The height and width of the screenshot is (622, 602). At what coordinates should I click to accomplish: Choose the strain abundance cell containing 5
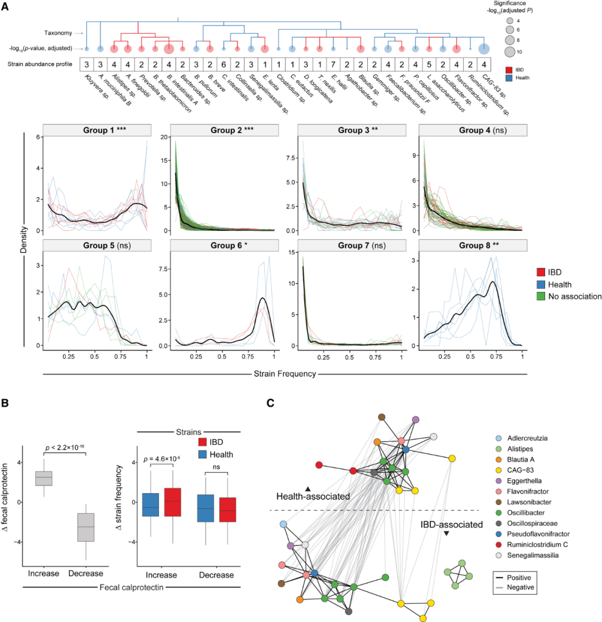[428, 64]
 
